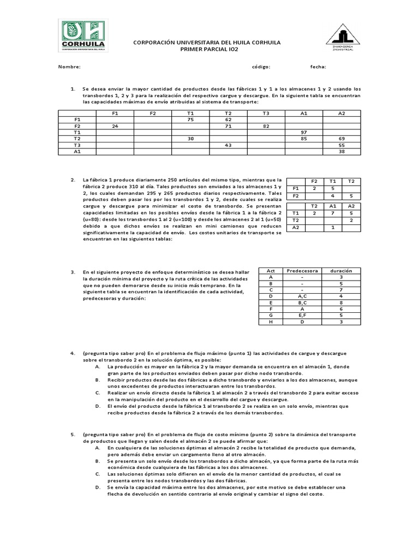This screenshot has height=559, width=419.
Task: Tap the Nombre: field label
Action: click(x=70, y=67)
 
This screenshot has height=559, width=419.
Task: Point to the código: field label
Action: click(x=261, y=67)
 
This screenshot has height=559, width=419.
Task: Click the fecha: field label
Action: click(x=318, y=67)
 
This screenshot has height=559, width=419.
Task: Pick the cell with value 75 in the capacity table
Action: click(x=190, y=119)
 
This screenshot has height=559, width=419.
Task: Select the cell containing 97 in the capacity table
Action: click(x=304, y=132)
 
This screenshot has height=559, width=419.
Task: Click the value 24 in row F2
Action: click(x=115, y=126)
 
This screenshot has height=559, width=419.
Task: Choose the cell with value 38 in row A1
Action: click(x=342, y=152)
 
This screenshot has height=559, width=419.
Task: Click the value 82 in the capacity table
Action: click(x=266, y=126)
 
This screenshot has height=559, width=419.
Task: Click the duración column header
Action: click(x=342, y=271)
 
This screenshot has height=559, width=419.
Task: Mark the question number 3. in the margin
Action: click(x=73, y=271)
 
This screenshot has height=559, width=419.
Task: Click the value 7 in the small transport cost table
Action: click(x=332, y=213)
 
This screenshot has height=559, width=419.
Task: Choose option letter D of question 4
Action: click(x=97, y=406)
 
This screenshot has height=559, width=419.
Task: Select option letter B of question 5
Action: click(x=97, y=461)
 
